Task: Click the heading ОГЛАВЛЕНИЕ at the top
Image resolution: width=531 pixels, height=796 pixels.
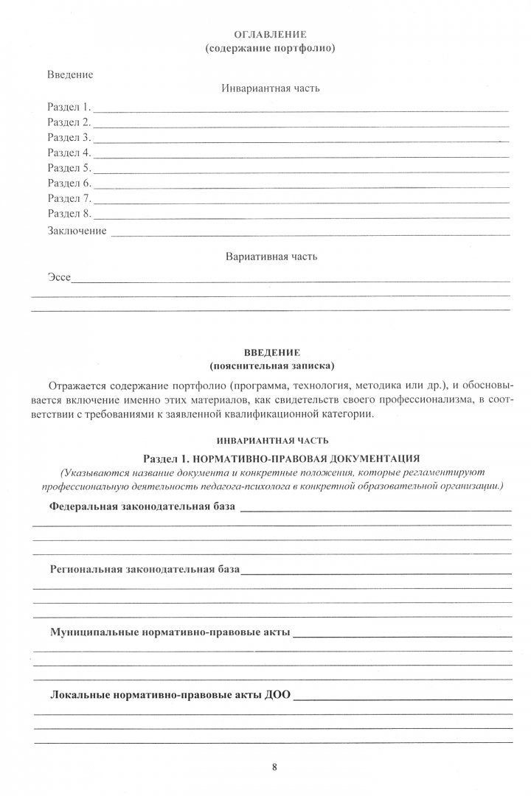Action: coord(271,35)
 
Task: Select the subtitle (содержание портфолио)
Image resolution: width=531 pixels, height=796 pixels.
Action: coord(271,49)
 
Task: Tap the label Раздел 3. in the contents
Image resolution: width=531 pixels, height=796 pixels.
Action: coord(69,138)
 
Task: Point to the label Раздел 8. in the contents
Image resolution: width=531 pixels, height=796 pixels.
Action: coord(69,214)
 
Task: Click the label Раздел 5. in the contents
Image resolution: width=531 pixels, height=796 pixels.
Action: coord(69,168)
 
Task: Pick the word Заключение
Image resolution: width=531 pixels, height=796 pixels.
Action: coord(77,231)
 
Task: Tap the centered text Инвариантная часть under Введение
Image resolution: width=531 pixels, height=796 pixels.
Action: coord(271,88)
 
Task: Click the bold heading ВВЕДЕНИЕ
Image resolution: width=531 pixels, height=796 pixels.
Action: coord(271,352)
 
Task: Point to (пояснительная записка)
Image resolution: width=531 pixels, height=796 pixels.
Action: coord(271,366)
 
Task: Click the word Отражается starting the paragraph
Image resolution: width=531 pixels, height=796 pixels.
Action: coord(75,385)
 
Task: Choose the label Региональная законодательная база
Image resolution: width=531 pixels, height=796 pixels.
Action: coord(145,570)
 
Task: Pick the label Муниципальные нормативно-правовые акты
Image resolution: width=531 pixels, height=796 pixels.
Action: coord(170,632)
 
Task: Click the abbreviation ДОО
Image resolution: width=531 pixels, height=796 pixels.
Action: coord(277,695)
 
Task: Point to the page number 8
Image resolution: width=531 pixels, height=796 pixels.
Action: coord(273,767)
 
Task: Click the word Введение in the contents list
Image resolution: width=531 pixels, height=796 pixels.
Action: coord(70,74)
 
